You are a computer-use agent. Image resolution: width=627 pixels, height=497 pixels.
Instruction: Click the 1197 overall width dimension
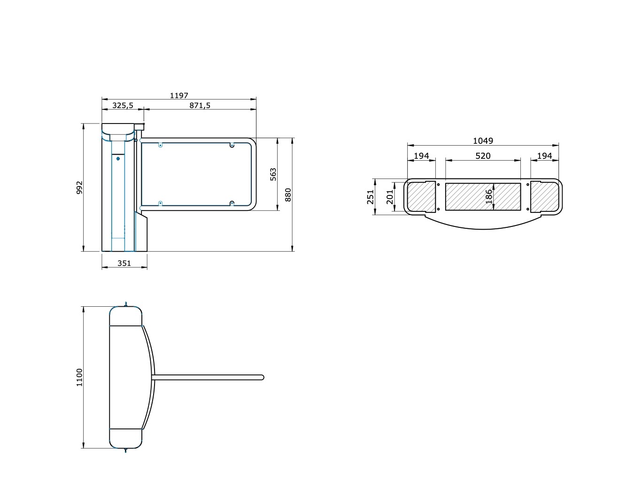(179, 96)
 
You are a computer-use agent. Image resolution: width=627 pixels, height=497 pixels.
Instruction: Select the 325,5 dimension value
(123, 106)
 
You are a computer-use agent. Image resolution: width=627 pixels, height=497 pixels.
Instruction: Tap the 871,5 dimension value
(200, 106)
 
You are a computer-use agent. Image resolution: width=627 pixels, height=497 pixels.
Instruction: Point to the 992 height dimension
(79, 188)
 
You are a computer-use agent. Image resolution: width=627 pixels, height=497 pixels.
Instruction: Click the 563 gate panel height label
(273, 174)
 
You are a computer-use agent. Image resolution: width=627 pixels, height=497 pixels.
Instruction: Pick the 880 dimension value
(288, 195)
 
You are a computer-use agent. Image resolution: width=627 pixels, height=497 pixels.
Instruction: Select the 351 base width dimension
(124, 263)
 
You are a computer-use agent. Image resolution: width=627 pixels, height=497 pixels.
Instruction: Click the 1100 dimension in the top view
(79, 378)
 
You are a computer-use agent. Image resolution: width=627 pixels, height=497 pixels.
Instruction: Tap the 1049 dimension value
(483, 141)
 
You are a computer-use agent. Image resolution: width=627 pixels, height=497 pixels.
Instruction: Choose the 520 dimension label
(483, 156)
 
